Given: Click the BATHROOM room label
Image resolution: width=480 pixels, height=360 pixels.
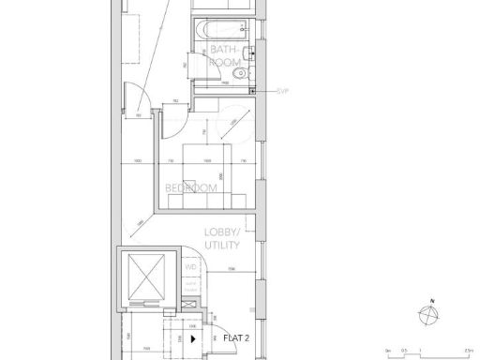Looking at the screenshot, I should [226, 58].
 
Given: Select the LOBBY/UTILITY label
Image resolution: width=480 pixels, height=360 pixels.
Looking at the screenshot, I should [223, 238].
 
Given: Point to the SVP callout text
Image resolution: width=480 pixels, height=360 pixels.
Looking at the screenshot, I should [282, 91].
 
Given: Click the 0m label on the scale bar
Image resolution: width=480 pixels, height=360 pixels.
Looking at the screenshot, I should [387, 350].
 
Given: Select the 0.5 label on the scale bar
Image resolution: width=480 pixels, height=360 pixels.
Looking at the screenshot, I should [404, 350].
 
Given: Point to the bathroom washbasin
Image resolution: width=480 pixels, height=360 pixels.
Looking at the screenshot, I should [245, 50].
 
